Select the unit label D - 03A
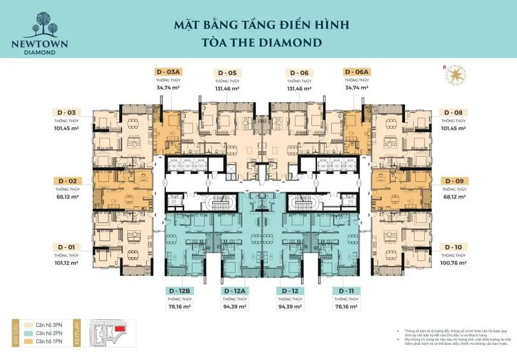[x=169, y=72]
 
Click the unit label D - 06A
[x=357, y=72]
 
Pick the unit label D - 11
[x=345, y=291]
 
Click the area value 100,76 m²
[x=453, y=263]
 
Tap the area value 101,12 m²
[x=67, y=263]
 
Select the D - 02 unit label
[x=67, y=180]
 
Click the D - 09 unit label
[x=453, y=180]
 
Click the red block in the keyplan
[x=120, y=329]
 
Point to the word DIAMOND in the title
[x=292, y=42]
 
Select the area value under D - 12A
[x=235, y=306]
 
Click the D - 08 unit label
[x=453, y=112]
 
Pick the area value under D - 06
[x=299, y=88]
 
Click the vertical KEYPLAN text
[x=77, y=333]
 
